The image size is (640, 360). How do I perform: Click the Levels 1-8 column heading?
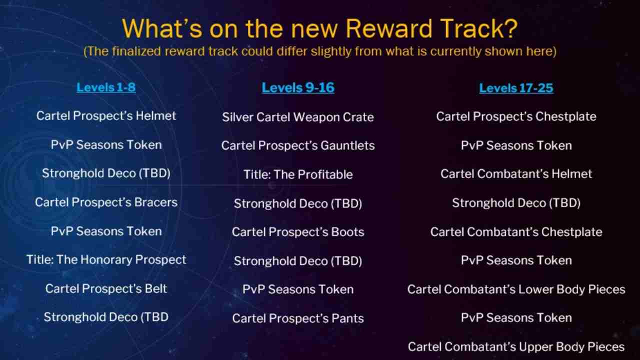(x=106, y=87)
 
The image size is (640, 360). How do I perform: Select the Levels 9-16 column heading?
(x=298, y=87)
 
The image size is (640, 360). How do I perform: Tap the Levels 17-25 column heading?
(x=516, y=88)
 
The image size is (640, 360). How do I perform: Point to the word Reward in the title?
(x=388, y=28)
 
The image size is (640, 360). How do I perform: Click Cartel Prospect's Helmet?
(x=106, y=116)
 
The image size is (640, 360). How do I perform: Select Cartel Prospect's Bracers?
(x=106, y=202)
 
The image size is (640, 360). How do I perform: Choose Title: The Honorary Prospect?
(x=106, y=260)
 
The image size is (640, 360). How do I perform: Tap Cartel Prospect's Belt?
(x=106, y=288)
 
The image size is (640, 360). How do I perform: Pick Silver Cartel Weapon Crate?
(x=298, y=117)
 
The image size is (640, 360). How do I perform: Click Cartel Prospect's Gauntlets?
(x=298, y=145)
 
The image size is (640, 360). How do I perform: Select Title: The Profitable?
(x=298, y=174)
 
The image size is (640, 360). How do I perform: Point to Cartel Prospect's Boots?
(x=298, y=232)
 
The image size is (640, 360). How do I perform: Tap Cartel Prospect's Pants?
(x=298, y=318)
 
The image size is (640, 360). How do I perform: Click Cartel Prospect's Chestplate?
(x=516, y=116)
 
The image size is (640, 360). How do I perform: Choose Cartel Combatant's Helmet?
(x=516, y=174)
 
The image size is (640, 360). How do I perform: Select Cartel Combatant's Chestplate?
(x=516, y=232)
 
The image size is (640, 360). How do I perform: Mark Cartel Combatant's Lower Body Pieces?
(x=516, y=289)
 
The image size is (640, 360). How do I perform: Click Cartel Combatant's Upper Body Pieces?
(x=516, y=347)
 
